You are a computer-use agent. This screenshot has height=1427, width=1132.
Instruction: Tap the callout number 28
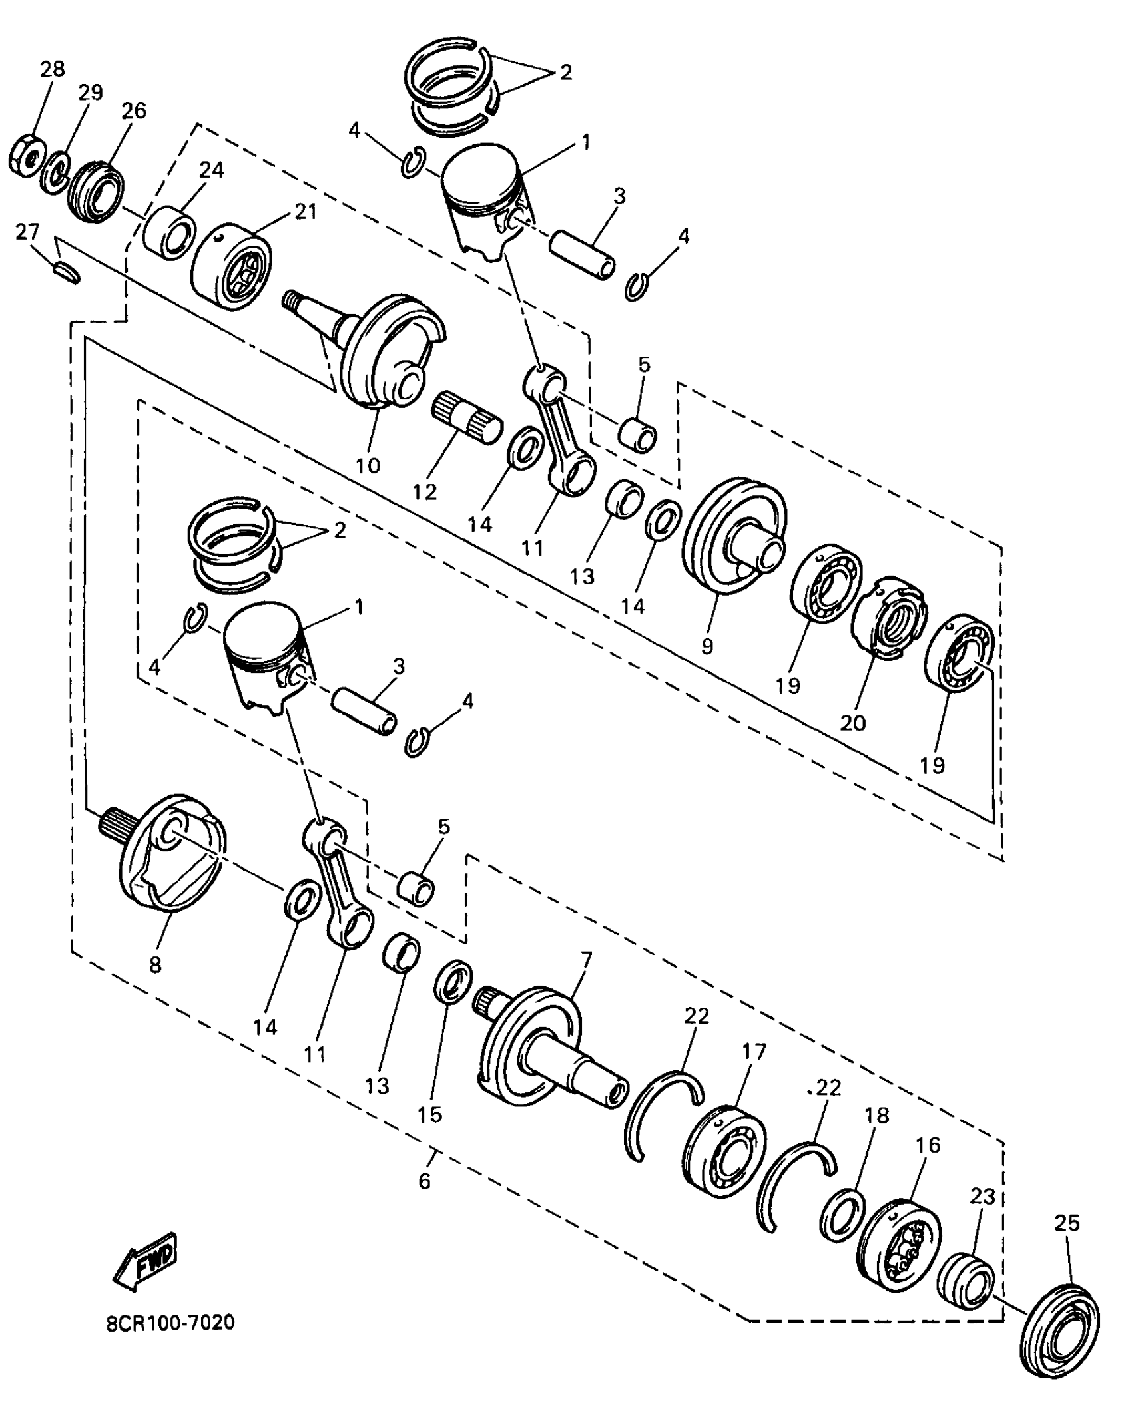point(53,69)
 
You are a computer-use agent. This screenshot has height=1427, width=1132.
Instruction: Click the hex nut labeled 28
point(25,158)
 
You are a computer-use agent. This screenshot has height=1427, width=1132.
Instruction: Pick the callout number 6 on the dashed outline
point(425,1180)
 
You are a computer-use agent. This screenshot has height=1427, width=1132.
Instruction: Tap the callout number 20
point(853,722)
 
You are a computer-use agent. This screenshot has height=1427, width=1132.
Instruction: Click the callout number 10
point(368,465)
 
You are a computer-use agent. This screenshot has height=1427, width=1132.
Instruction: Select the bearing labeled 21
point(231,266)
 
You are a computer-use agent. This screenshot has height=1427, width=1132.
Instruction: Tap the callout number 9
point(707,645)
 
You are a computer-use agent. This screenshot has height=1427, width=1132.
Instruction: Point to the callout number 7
point(586,960)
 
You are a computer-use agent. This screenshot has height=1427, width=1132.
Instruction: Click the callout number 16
point(928,1145)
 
